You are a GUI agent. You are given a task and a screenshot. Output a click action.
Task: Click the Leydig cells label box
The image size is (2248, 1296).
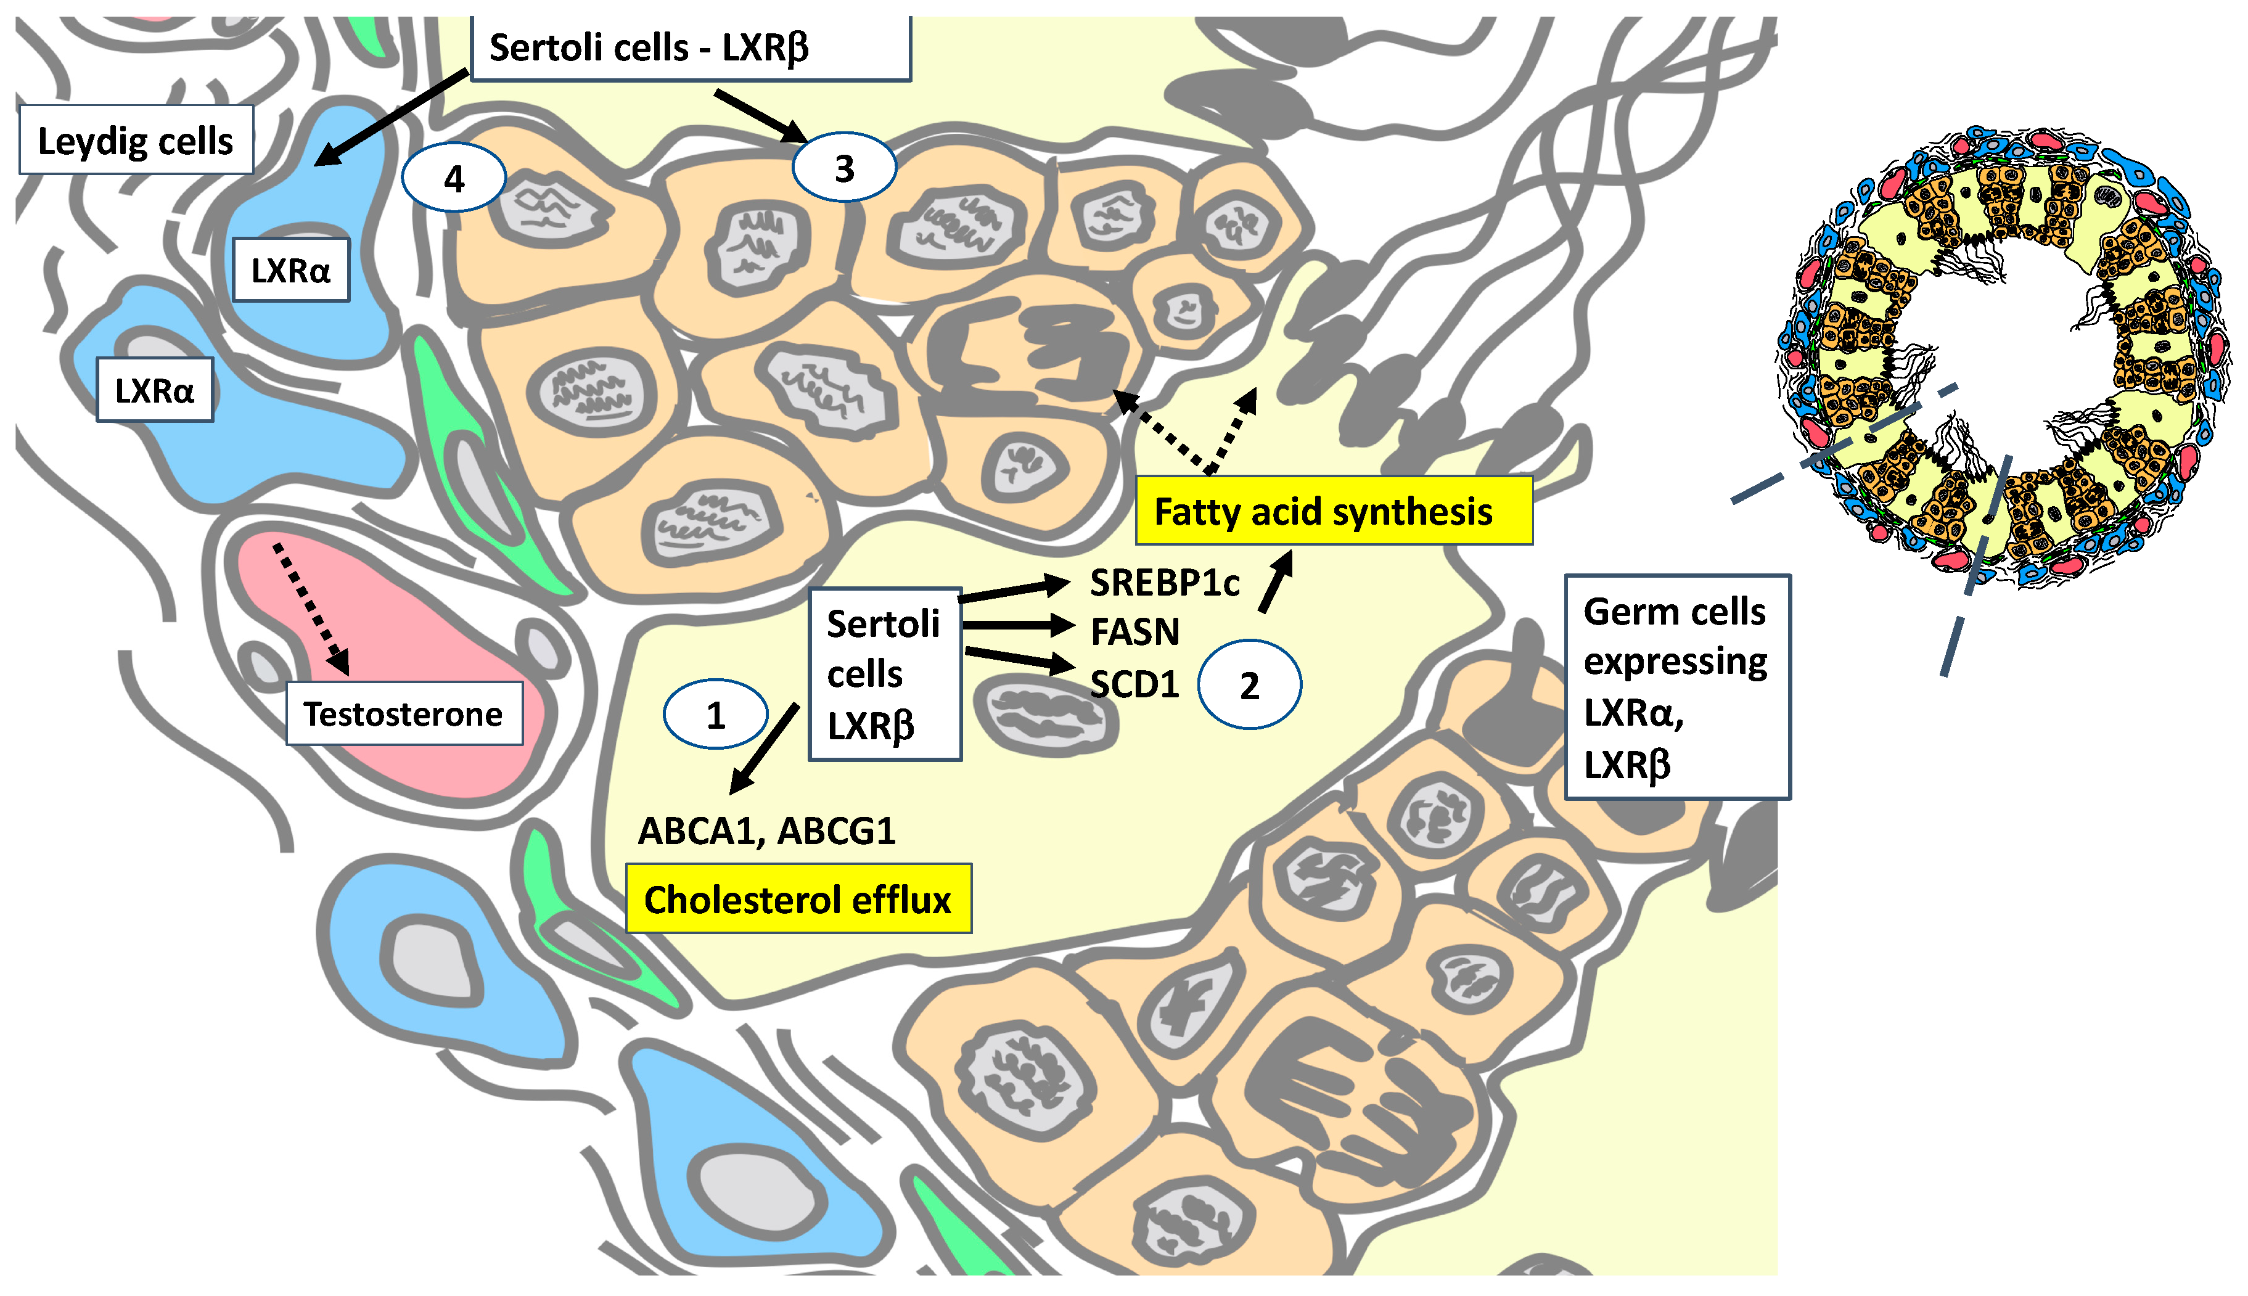point(135,140)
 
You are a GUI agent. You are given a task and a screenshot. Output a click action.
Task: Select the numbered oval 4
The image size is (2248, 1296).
point(454,178)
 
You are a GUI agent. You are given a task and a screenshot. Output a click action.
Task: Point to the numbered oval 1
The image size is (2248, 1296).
point(715,715)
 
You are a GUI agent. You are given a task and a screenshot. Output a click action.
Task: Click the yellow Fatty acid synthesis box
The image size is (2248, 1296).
point(1332,511)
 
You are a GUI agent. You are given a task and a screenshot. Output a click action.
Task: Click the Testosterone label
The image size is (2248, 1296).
point(403,714)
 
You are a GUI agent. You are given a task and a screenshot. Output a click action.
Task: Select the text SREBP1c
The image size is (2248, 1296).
point(1164,583)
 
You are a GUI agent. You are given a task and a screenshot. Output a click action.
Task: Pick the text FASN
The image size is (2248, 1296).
point(1134,632)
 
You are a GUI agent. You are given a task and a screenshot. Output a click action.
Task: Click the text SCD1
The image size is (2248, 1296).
point(1134,684)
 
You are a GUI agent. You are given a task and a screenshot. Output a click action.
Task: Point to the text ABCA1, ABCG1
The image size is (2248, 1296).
point(766,831)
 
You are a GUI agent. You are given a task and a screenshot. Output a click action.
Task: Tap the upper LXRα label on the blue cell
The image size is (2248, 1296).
point(290,269)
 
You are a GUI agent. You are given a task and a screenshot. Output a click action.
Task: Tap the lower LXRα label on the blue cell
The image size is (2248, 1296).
point(154,390)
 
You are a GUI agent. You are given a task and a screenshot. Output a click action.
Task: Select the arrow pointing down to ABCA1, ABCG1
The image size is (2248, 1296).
point(763,748)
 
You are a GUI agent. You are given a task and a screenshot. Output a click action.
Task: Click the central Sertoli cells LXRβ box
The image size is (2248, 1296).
point(884,674)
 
